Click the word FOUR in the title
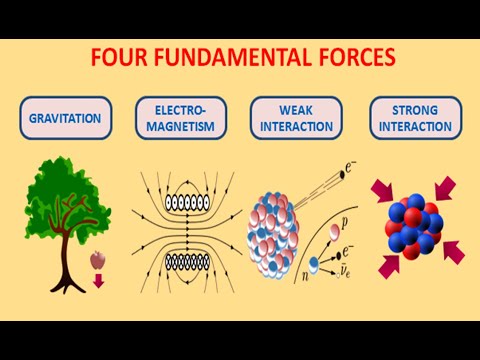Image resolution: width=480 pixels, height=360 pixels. [118, 57]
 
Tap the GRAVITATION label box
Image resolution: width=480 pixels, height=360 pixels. [64, 117]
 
